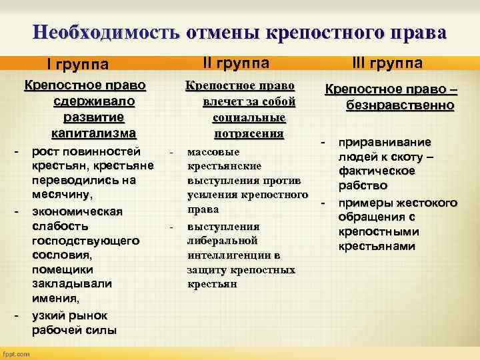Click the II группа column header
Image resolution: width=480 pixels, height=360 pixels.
pos(236,63)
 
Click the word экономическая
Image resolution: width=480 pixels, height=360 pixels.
pos(77,211)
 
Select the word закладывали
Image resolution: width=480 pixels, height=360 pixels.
pos(71,284)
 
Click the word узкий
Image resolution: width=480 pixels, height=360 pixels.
pos(49,315)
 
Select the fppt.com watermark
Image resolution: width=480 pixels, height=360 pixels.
pos(17,353)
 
